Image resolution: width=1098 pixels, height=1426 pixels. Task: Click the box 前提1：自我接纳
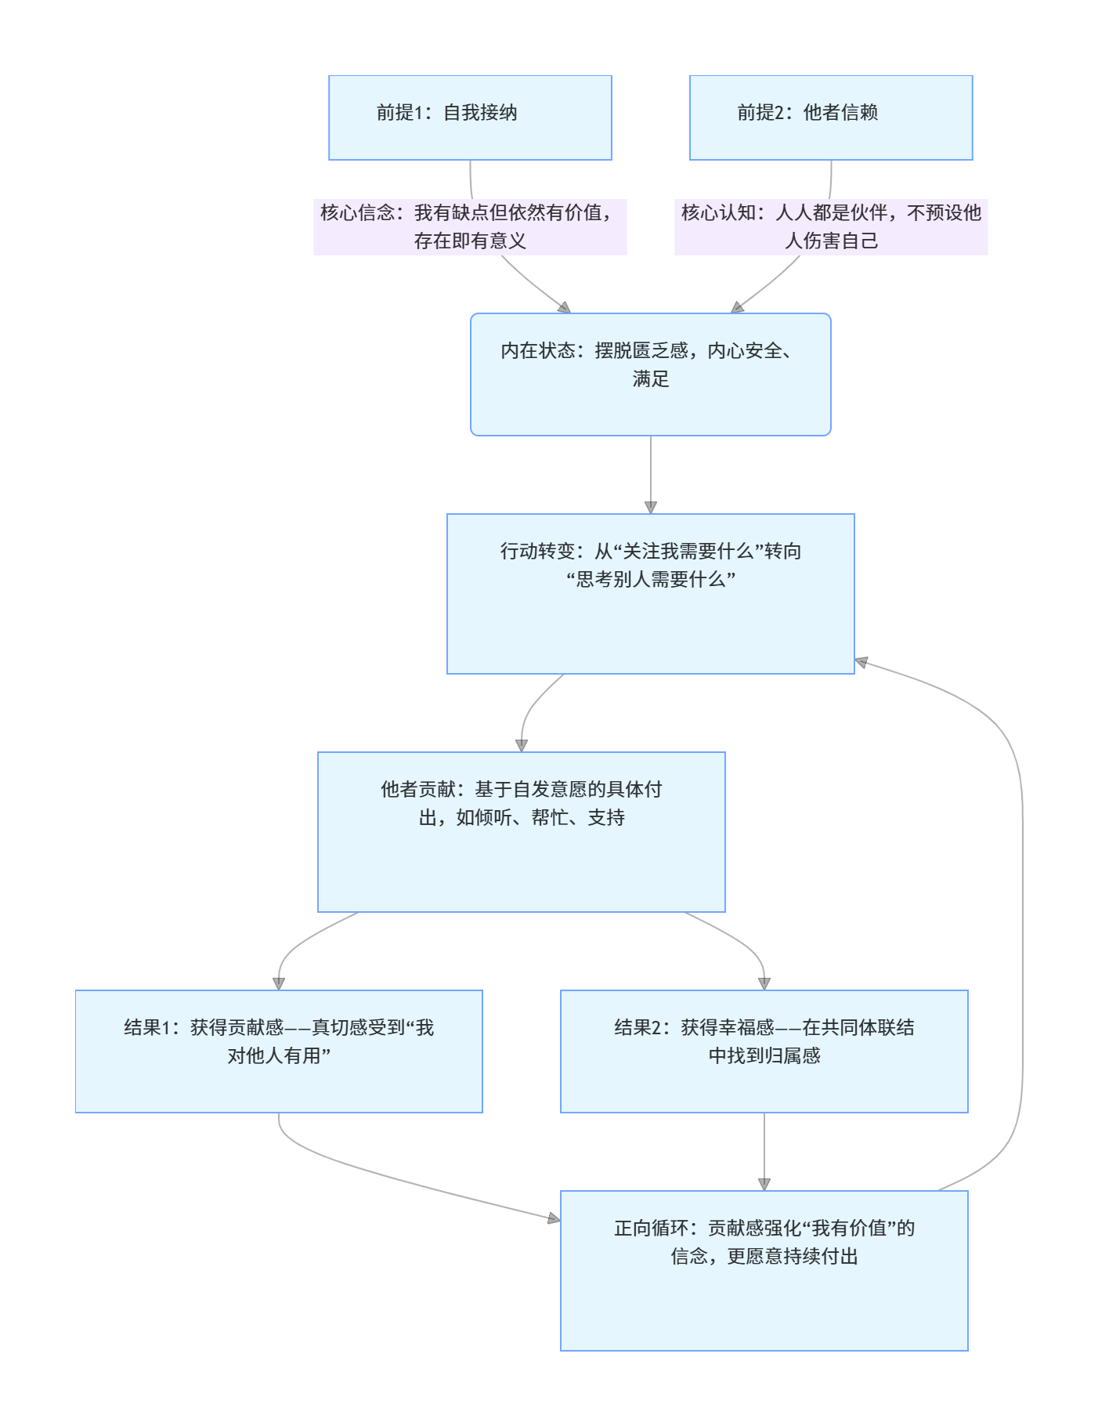[470, 118]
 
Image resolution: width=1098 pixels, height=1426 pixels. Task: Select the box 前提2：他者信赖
[831, 118]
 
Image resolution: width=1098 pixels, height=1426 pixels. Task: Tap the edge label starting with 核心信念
[470, 226]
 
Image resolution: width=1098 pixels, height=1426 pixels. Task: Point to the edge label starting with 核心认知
[831, 226]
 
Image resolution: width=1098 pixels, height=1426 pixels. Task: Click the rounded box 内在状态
[650, 375]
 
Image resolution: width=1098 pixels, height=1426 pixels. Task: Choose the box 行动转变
[650, 593]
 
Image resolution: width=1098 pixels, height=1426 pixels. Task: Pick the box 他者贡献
[521, 831]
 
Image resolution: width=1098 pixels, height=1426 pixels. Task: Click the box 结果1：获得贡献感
[279, 1051]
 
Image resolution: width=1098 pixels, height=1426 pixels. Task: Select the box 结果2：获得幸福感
[764, 1051]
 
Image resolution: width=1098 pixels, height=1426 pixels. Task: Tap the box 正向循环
[764, 1270]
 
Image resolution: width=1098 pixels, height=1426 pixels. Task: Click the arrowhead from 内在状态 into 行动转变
[651, 507]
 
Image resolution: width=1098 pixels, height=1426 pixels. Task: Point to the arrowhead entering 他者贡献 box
[522, 745]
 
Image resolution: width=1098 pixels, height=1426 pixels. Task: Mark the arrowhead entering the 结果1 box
[279, 983]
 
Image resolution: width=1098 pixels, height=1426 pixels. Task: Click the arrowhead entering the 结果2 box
[764, 983]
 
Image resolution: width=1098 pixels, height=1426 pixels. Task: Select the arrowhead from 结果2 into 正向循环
[764, 1184]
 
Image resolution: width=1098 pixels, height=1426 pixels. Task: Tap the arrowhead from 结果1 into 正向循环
[554, 1218]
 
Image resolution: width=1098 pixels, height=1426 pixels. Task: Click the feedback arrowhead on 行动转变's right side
[861, 663]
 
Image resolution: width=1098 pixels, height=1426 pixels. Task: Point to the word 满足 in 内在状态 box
[651, 379]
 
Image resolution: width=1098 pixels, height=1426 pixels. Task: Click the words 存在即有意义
[470, 241]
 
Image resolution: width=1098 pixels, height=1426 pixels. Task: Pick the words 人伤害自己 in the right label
[831, 241]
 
